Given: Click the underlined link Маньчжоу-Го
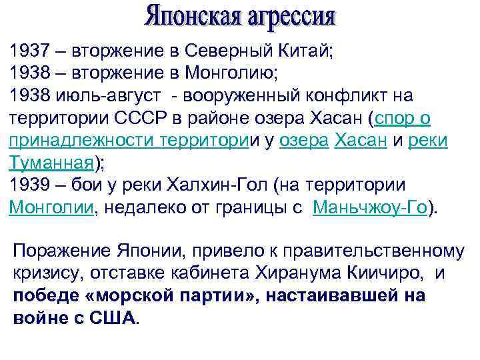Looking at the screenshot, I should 370,207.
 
